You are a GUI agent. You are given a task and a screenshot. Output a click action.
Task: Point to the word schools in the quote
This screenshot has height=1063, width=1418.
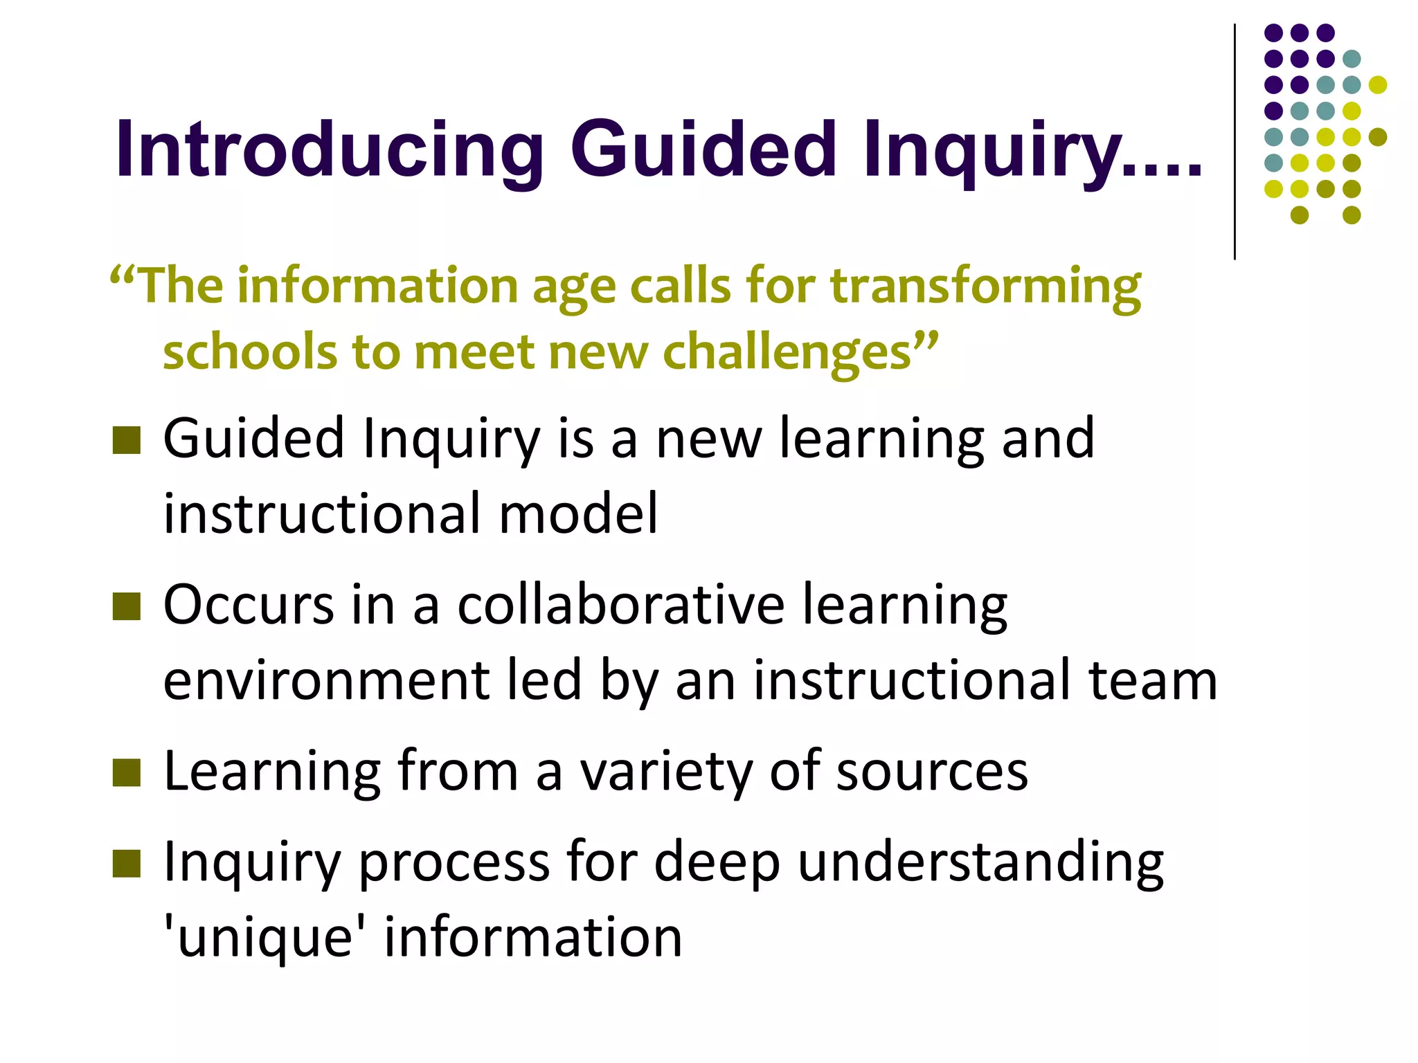click(x=249, y=352)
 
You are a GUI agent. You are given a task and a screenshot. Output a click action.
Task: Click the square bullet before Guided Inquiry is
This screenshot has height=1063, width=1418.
click(x=126, y=440)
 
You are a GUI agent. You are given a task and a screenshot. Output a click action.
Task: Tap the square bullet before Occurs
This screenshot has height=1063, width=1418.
click(x=126, y=606)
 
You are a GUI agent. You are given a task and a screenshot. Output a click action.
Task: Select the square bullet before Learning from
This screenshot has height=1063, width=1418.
click(x=126, y=773)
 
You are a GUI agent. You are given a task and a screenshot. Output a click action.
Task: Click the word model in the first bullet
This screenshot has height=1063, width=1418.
click(x=578, y=514)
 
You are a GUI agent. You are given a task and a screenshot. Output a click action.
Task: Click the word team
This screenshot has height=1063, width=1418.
click(x=1153, y=680)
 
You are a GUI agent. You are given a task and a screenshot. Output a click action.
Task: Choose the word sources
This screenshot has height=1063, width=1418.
click(x=932, y=772)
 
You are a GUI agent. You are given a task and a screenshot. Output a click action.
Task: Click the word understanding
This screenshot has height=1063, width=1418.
click(x=980, y=863)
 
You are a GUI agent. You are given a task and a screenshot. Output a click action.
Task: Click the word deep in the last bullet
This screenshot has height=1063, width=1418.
click(x=717, y=863)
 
